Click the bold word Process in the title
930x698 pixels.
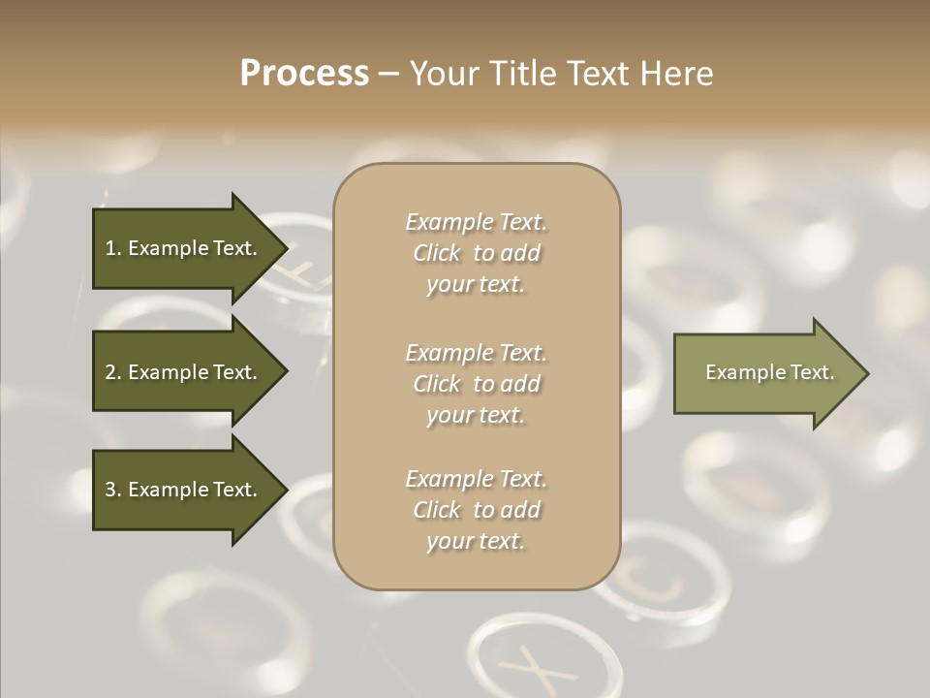pos(304,74)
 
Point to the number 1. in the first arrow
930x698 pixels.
pos(113,248)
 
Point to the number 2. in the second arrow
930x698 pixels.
pos(113,372)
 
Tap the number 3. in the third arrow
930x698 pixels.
pos(113,490)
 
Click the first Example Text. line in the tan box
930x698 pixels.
pos(476,222)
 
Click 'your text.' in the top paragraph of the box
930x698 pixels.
pos(476,285)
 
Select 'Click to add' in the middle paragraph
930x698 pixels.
pos(476,384)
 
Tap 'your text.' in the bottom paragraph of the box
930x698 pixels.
pos(476,541)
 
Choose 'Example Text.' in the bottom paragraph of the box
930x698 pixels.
pos(476,479)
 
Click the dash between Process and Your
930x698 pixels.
pos(388,74)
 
